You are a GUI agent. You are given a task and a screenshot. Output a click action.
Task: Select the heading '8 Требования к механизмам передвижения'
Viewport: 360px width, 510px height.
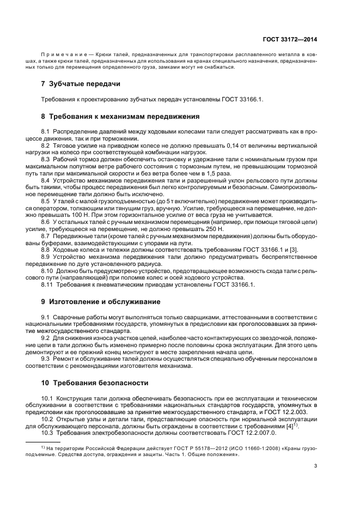coord(120,116)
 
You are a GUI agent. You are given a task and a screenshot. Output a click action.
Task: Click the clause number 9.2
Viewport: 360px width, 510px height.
coord(46,338)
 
